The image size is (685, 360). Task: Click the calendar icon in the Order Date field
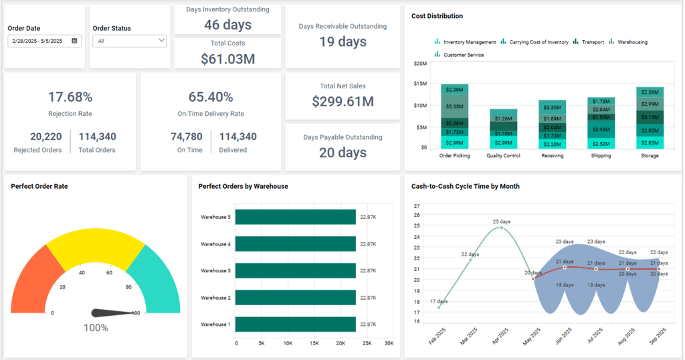tap(74, 41)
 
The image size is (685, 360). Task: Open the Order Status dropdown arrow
tap(161, 41)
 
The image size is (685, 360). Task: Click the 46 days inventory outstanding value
tap(227, 25)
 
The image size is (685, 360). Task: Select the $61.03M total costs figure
tap(227, 59)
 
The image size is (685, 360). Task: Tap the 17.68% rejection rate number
tap(70, 97)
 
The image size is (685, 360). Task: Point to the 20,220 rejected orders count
tap(37, 137)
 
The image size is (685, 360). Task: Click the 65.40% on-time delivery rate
tap(211, 97)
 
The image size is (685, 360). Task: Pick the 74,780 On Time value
tap(187, 137)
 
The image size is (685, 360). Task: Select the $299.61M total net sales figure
tap(342, 102)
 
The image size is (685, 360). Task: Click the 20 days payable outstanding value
tap(342, 153)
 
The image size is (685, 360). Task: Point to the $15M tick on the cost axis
tap(420, 84)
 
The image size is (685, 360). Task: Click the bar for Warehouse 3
tap(296, 271)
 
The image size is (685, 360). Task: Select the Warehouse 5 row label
tap(215, 217)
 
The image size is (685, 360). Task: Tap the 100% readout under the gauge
tap(96, 328)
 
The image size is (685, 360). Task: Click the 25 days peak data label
tap(502, 221)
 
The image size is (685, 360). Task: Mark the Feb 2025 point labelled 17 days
tap(439, 307)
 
